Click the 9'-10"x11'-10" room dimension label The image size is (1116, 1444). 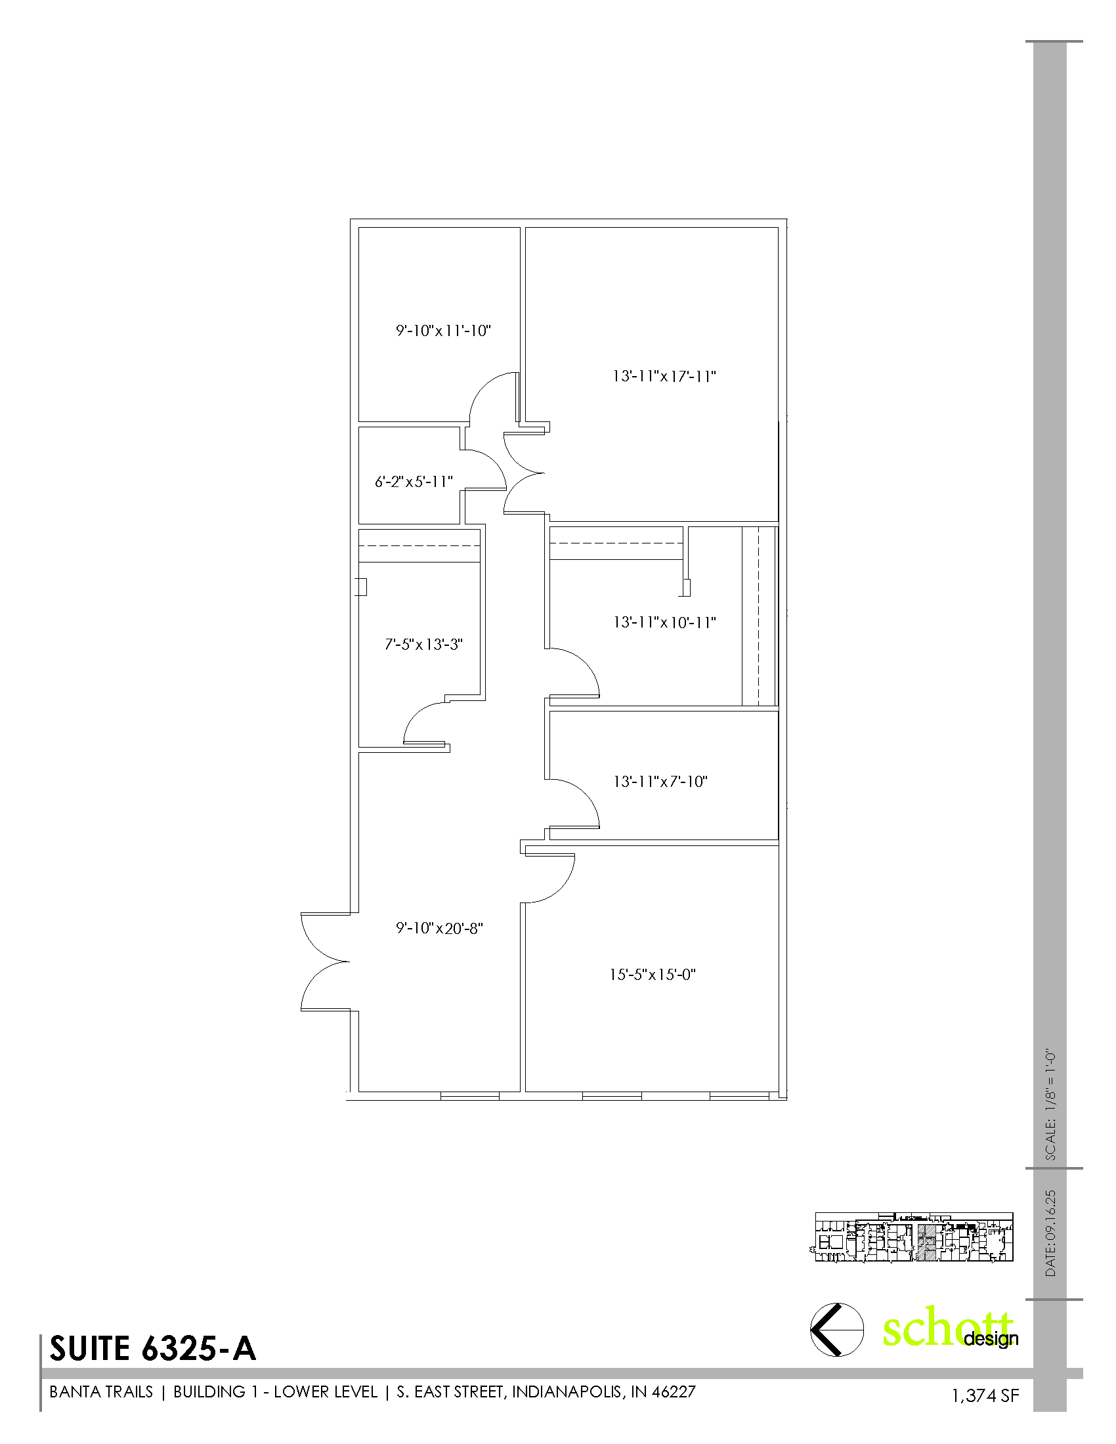point(444,331)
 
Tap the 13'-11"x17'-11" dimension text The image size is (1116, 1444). point(664,376)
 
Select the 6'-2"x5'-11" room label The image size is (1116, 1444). point(414,481)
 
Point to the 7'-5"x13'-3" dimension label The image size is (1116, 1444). point(424,644)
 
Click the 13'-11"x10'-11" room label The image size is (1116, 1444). point(664,622)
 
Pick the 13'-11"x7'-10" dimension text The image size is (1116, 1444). point(660,782)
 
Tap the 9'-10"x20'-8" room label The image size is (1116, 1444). point(440,928)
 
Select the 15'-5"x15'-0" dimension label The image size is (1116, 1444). point(653,975)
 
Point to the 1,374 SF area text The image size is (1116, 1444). point(985,1395)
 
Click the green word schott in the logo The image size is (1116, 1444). point(947,1328)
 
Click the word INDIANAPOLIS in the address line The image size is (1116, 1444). point(567,1391)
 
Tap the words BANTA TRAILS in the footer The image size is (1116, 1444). point(101,1391)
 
